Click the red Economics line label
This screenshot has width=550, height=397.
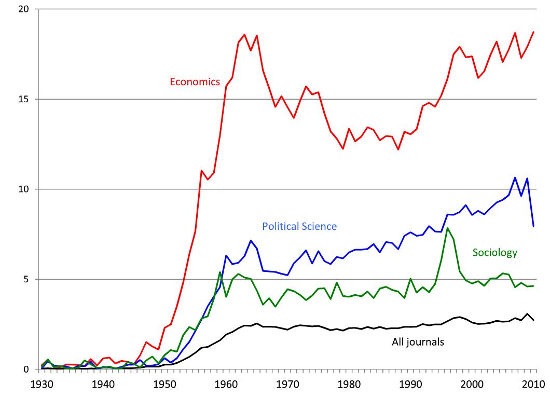(195, 81)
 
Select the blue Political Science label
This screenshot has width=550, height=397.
(299, 226)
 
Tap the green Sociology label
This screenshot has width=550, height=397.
(495, 253)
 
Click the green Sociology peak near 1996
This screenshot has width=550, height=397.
(447, 228)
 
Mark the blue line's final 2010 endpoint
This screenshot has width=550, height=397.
(533, 226)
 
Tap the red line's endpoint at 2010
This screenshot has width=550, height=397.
(533, 32)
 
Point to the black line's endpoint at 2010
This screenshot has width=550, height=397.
(533, 320)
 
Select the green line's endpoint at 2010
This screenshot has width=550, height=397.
(533, 286)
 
